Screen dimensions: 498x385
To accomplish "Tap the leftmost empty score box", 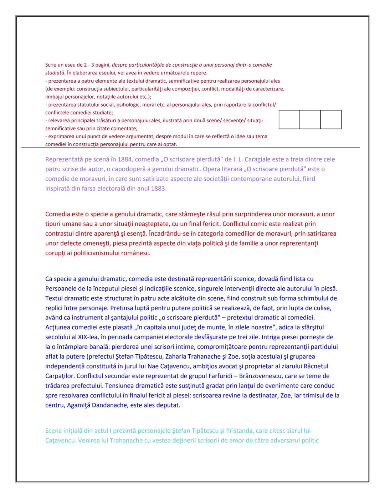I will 289,119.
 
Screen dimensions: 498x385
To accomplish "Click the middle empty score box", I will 310,119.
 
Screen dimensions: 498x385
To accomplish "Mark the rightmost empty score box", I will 331,119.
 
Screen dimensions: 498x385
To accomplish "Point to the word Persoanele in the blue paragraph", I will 60,288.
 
